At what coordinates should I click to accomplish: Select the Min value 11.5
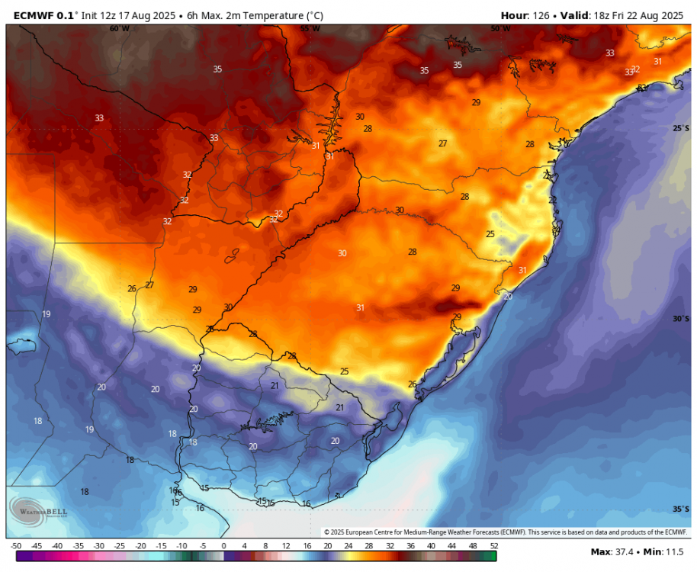coord(677,551)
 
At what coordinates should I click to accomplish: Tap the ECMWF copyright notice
coord(505,532)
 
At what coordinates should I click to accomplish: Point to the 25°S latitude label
coord(680,128)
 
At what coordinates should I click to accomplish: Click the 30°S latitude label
coord(680,319)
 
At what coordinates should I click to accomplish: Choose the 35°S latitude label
coord(680,509)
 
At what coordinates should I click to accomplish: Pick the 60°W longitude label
coord(119,28)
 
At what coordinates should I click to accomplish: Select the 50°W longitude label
coord(500,28)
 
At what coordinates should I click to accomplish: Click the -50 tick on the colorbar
coord(15,546)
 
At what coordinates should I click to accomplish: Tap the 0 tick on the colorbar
coord(223,546)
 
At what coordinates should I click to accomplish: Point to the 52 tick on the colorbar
coord(493,546)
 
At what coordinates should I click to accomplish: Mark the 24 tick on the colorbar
coord(348,546)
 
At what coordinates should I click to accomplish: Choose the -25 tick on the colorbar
coord(119,546)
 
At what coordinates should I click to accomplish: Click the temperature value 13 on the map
coord(175,503)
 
